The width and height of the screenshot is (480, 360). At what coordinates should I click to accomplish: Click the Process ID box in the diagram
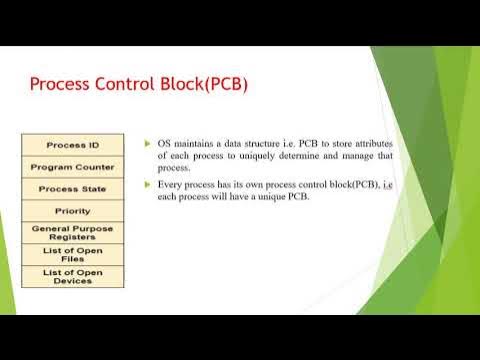tap(73, 144)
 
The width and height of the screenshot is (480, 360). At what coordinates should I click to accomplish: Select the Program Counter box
tap(73, 166)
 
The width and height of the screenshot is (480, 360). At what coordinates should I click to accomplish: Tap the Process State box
tap(73, 188)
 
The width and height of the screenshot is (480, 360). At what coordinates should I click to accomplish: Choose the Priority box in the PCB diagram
tap(73, 211)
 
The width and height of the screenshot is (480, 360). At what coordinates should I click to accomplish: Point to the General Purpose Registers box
tap(73, 233)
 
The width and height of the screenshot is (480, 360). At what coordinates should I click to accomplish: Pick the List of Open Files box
tap(73, 254)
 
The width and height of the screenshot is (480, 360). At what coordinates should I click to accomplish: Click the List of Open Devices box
tap(73, 276)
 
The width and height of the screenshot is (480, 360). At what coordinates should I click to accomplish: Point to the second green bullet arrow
tap(147, 185)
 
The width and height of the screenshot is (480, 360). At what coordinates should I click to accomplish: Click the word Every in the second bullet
tap(171, 185)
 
